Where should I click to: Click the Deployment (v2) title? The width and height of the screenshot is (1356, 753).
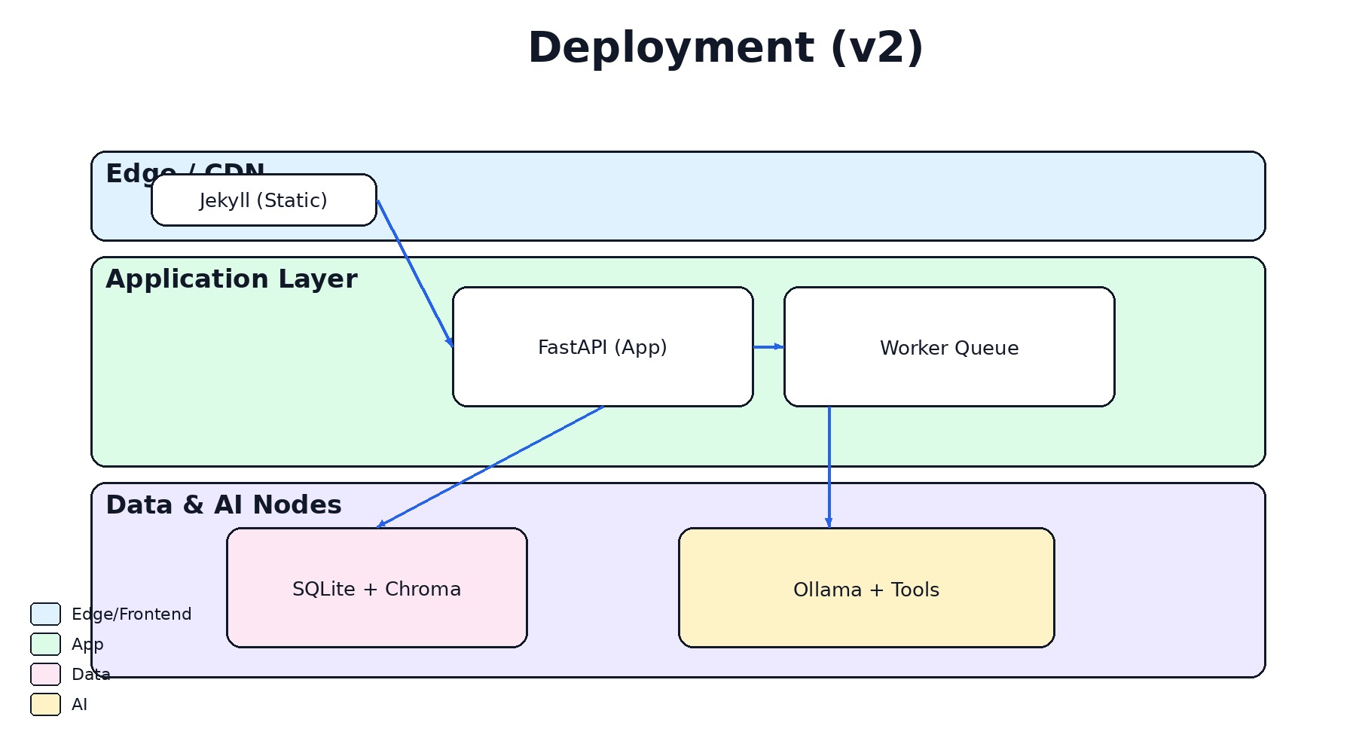point(725,48)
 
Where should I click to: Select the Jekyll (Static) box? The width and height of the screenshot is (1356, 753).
point(264,200)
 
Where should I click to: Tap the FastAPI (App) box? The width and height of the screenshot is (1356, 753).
point(603,347)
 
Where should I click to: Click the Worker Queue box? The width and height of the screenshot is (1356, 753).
point(949,347)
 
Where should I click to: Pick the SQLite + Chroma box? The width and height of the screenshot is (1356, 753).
point(377,588)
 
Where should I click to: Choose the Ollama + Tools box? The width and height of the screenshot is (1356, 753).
point(866,588)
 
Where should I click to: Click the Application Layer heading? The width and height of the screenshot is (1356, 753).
point(231,279)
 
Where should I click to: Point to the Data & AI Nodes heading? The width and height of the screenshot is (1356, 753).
point(224,505)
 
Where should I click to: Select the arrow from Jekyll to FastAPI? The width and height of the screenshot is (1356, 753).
point(414,273)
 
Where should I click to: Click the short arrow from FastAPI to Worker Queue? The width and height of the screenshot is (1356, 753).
point(768,347)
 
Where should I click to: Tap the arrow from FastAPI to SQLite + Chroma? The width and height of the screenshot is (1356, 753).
point(490,468)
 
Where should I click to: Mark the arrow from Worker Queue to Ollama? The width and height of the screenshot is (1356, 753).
point(829,467)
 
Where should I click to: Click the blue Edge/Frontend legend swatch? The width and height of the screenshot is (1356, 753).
point(45,614)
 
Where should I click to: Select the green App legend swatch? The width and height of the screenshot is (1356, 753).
point(45,645)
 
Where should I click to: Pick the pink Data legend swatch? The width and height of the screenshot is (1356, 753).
point(45,675)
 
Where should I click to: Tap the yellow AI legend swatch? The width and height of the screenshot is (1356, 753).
point(45,705)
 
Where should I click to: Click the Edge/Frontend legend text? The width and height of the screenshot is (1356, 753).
point(131,614)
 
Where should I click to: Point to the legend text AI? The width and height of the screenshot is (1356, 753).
point(79,705)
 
